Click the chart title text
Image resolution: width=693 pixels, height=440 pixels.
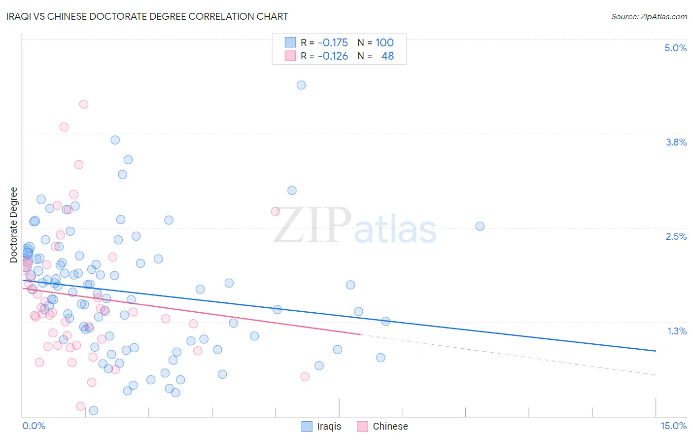(x=148, y=16)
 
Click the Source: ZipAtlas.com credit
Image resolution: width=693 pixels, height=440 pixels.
(x=649, y=16)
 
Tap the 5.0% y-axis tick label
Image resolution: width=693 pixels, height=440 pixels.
(x=675, y=48)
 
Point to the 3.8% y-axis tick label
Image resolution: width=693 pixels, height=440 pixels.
(x=676, y=142)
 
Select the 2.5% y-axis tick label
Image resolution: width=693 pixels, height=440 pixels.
(x=676, y=236)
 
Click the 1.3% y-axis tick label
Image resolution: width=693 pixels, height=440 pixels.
(x=677, y=331)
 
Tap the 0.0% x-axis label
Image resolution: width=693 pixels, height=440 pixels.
(x=34, y=426)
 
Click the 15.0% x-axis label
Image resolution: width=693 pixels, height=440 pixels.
(x=673, y=426)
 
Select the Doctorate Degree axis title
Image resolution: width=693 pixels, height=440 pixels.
(x=14, y=225)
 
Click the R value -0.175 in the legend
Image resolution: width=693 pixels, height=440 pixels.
(x=333, y=43)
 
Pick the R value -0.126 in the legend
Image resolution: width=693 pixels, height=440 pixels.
(x=333, y=56)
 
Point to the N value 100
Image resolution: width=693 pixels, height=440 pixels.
(x=384, y=43)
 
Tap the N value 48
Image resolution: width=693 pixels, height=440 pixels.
(x=387, y=56)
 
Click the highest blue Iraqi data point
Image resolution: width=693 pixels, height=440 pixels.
(x=301, y=85)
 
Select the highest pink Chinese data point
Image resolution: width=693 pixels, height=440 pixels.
(x=84, y=104)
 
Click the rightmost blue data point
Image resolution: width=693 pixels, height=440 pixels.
(x=480, y=226)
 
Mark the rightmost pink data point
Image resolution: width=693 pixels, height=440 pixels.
(x=305, y=377)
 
